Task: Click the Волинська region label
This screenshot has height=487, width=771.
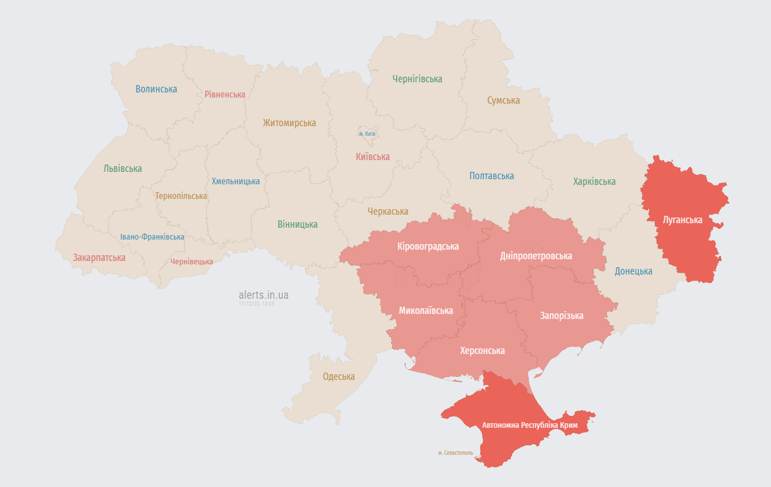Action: click(156, 89)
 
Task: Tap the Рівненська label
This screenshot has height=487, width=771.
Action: click(225, 94)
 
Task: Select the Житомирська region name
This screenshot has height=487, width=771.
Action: click(289, 123)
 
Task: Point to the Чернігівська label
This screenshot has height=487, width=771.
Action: click(417, 79)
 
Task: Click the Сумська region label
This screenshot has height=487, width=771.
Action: click(503, 100)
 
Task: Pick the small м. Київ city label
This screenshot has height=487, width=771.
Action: click(367, 134)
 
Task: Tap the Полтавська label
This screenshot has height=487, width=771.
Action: click(491, 176)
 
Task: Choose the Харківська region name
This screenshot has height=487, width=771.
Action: click(594, 181)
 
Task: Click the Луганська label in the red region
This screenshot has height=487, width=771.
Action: click(683, 220)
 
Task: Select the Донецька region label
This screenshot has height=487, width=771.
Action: click(633, 271)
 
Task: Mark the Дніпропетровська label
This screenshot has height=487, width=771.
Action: click(536, 256)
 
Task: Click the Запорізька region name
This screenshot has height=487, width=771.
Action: click(561, 316)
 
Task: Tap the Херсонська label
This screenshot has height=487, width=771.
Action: click(482, 351)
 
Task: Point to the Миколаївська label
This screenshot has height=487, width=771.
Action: click(426, 311)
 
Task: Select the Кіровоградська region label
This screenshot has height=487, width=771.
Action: click(428, 246)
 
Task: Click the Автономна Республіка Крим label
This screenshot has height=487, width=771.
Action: click(529, 425)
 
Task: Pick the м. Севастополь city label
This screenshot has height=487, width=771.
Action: click(456, 453)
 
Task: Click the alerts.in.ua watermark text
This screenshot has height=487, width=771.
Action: click(263, 295)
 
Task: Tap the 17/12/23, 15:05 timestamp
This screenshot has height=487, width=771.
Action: click(256, 304)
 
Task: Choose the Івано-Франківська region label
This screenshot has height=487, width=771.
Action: click(152, 237)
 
